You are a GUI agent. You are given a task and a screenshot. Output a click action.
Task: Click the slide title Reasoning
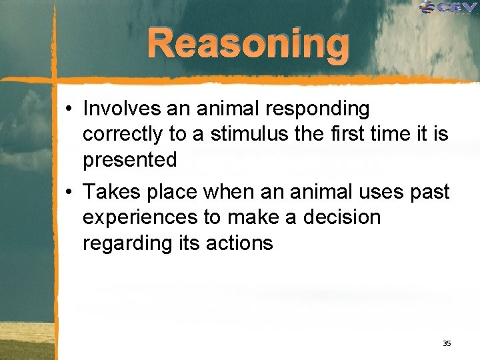tap(248, 44)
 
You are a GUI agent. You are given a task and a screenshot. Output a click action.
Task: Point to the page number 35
tap(447, 343)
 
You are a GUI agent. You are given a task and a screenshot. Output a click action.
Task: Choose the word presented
tap(129, 160)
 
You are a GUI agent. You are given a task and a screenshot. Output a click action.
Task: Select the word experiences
tap(139, 218)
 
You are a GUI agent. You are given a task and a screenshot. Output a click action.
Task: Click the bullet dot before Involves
tap(70, 109)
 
